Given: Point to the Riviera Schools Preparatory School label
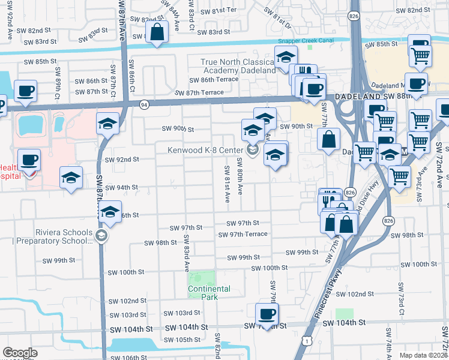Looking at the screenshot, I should click(x=49, y=236).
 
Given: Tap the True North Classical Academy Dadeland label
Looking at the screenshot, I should click(x=239, y=65).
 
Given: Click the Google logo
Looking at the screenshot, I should click(x=20, y=353).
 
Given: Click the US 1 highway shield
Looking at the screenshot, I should click(x=308, y=341).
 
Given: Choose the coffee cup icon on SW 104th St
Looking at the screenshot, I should click(x=267, y=313).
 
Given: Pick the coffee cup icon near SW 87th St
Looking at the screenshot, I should click(x=25, y=91).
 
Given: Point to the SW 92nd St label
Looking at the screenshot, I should click(x=122, y=160).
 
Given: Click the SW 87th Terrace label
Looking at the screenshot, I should click(x=199, y=93).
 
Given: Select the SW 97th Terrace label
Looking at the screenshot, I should click(x=247, y=234).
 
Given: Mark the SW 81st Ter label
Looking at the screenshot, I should click(x=219, y=11).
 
